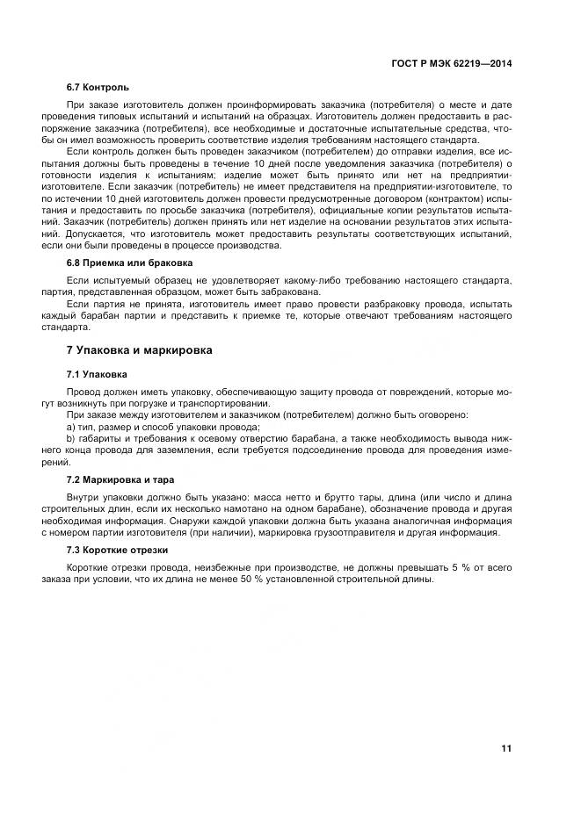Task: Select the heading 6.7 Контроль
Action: tap(98, 88)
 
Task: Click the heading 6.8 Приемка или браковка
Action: tap(130, 263)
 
